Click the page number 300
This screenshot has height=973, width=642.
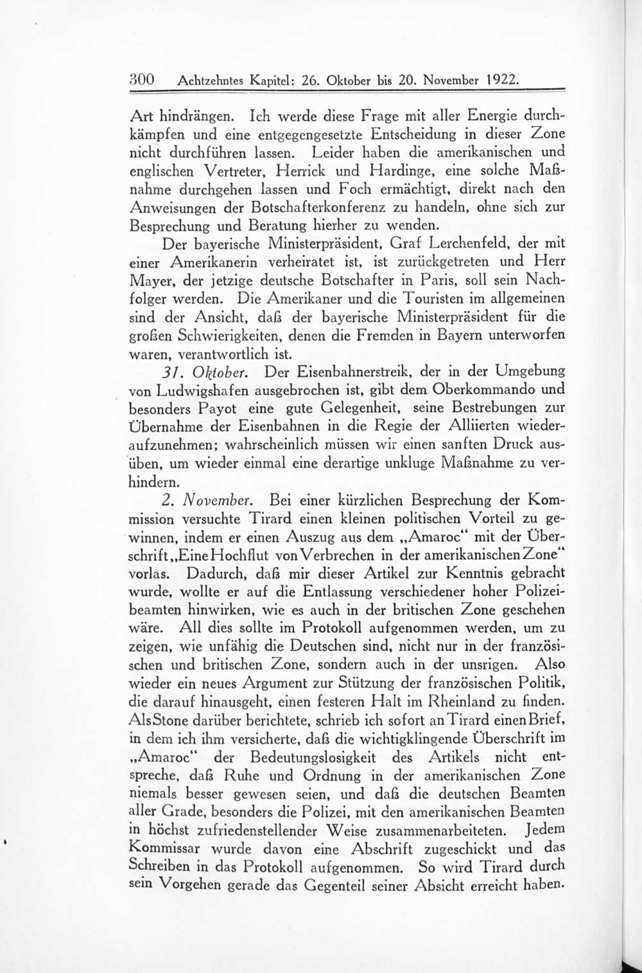click(x=142, y=80)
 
